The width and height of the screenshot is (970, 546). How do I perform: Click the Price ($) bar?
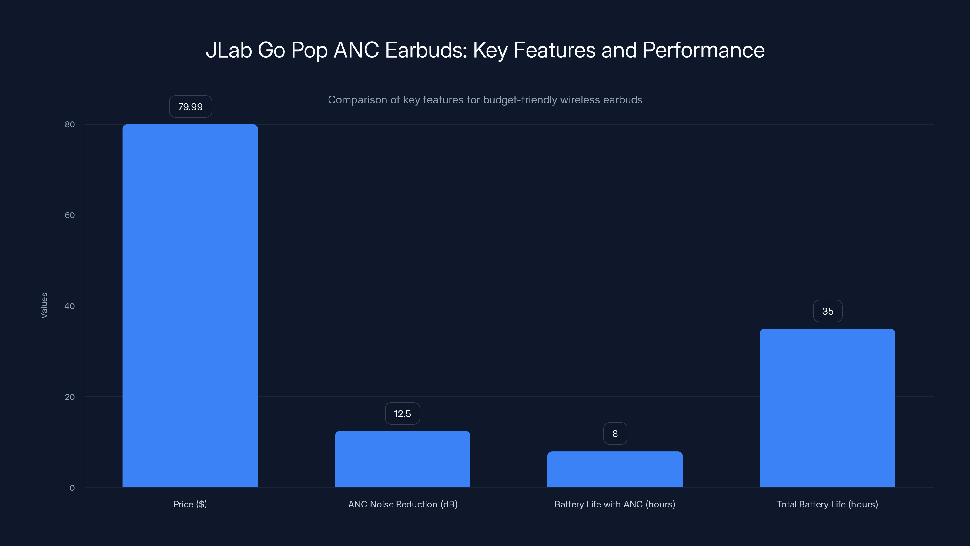[x=190, y=305]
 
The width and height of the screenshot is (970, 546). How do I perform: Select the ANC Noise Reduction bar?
[x=403, y=459]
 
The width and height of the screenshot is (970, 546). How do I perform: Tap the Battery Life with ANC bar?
[x=615, y=469]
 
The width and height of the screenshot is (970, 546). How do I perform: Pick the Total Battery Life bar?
[x=827, y=408]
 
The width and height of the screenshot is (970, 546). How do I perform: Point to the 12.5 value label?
[x=402, y=414]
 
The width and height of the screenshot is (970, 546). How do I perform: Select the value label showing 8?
[x=615, y=434]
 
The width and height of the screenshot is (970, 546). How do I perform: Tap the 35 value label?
[x=828, y=311]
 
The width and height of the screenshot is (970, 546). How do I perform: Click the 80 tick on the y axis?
[x=70, y=124]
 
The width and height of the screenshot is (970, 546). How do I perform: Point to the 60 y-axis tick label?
[x=70, y=215]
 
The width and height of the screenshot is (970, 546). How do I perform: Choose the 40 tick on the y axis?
[x=70, y=306]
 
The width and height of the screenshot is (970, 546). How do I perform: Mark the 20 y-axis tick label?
[x=70, y=397]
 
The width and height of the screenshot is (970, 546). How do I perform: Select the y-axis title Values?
[x=44, y=305]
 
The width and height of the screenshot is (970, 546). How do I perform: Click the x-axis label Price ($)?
[x=190, y=504]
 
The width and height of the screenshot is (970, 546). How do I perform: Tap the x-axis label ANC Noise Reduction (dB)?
[x=403, y=504]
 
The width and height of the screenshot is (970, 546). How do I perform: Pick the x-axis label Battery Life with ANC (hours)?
[x=615, y=504]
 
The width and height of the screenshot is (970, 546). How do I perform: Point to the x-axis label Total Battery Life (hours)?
[x=827, y=504]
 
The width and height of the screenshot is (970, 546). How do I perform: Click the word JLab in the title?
[x=229, y=50]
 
